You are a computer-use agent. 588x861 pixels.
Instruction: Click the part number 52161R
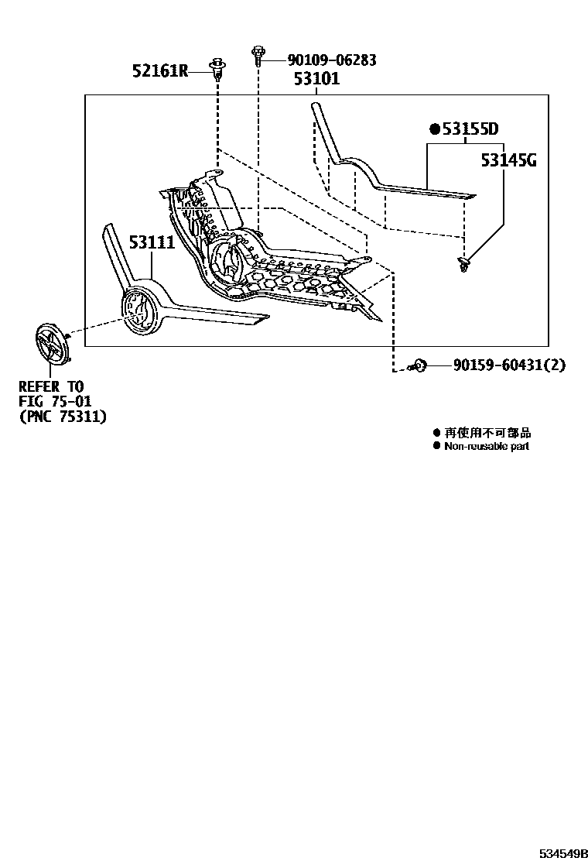(160, 72)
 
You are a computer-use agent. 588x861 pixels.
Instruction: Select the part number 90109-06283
(331, 60)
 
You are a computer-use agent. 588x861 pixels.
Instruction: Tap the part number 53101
(316, 79)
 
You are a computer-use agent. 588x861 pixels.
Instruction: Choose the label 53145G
(508, 160)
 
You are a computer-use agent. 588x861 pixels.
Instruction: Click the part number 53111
(152, 242)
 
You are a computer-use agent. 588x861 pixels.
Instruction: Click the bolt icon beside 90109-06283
(258, 54)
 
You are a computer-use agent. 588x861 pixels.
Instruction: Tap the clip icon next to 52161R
(217, 67)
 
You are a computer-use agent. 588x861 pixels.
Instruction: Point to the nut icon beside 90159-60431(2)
(419, 365)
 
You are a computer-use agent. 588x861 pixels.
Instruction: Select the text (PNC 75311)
(63, 416)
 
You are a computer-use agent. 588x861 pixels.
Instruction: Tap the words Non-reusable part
(487, 447)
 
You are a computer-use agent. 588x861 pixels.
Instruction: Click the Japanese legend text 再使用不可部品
(487, 434)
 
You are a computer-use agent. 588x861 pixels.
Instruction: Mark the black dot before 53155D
(435, 129)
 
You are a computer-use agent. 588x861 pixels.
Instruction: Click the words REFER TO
(51, 386)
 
